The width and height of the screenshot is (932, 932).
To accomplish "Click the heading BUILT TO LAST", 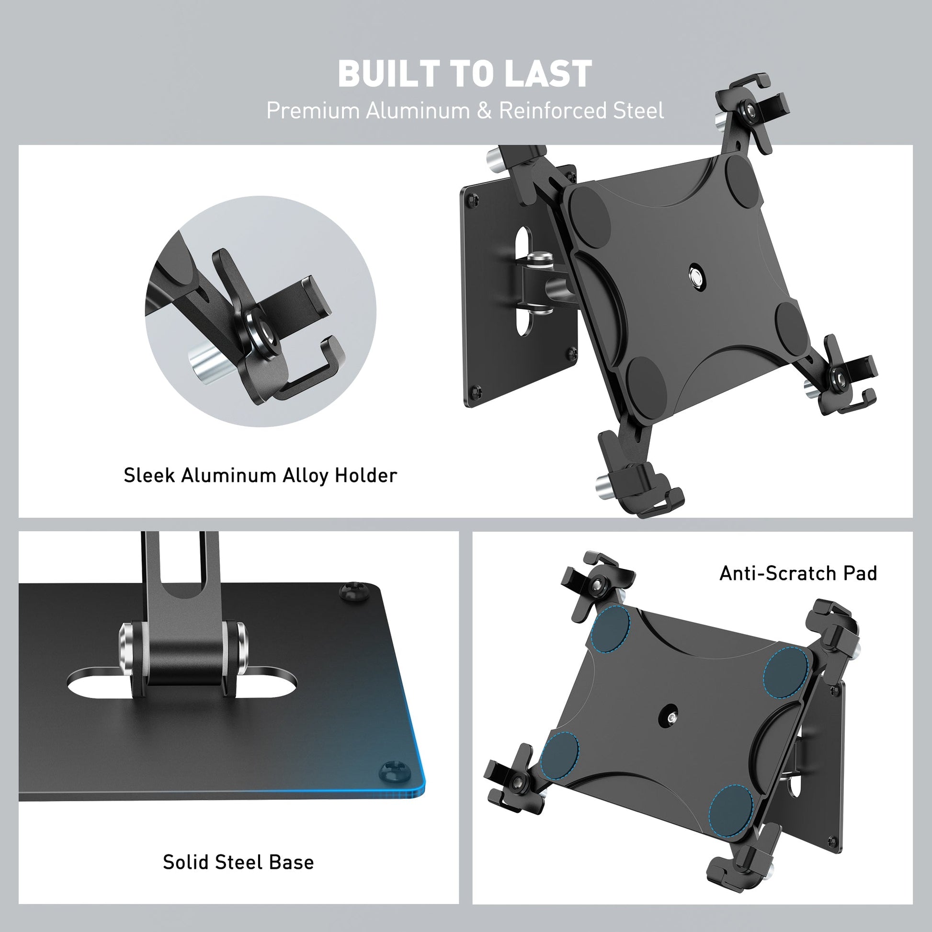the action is pos(465,74).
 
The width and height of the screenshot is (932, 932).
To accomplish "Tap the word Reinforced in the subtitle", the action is pos(552,111).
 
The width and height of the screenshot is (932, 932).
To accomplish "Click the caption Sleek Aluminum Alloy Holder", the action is pos(261,476).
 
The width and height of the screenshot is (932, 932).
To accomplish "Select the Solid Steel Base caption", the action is pos(239,862).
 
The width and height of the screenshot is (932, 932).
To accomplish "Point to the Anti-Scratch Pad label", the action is pos(798,574).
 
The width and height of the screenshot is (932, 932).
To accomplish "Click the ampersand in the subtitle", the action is pos(484,111).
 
